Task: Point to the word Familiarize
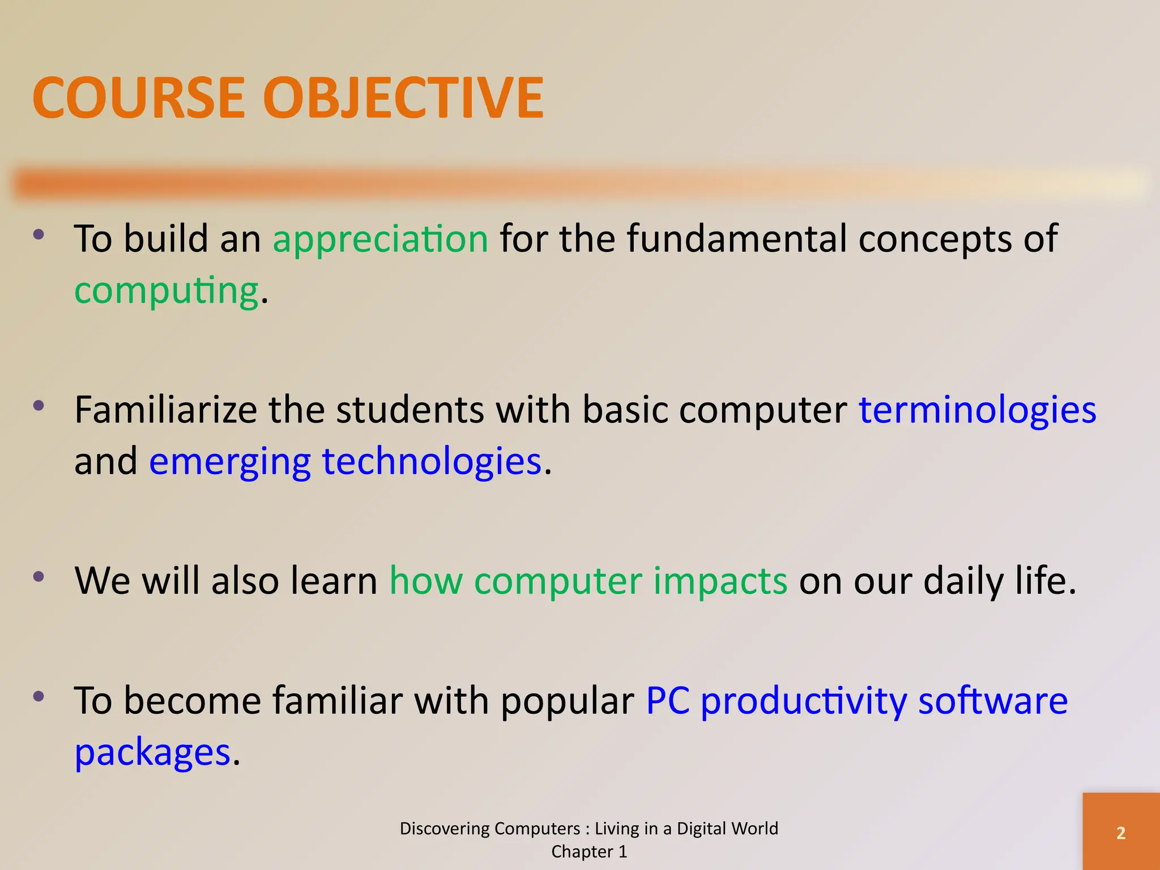click(165, 410)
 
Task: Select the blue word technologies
click(432, 462)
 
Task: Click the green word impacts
click(720, 582)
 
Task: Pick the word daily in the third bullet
click(963, 582)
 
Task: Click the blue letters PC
click(668, 701)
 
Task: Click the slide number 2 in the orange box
click(1120, 833)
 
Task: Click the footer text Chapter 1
click(589, 852)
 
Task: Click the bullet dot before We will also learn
click(39, 577)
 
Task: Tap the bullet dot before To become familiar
click(39, 696)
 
